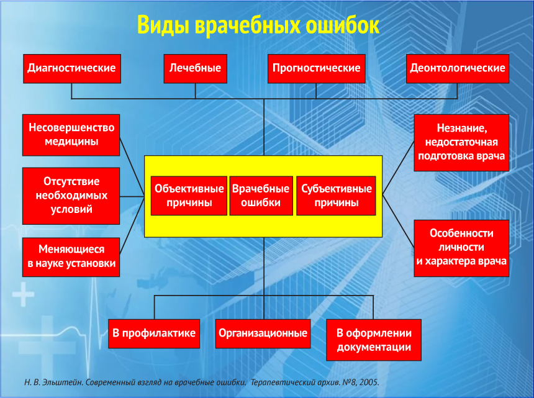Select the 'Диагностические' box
pyautogui.click(x=72, y=68)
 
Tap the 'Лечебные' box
pyautogui.click(x=195, y=68)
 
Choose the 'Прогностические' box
pyautogui.click(x=317, y=68)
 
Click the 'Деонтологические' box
pyautogui.click(x=458, y=68)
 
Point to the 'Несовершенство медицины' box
pyautogui.click(x=71, y=135)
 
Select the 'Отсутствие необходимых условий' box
pyautogui.click(x=71, y=196)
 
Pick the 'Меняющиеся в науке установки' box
pyautogui.click(x=71, y=257)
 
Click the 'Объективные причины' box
pyautogui.click(x=189, y=196)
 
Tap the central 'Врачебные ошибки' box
pyautogui.click(x=261, y=196)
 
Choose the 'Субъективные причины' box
pyautogui.click(x=336, y=196)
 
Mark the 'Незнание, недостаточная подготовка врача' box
pyautogui.click(x=461, y=143)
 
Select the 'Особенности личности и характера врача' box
pyautogui.click(x=461, y=248)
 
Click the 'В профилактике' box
pyautogui.click(x=154, y=333)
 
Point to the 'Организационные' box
pyautogui.click(x=263, y=333)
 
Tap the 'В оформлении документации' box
pyautogui.click(x=374, y=340)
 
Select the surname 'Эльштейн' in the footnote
pyautogui.click(x=63, y=382)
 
